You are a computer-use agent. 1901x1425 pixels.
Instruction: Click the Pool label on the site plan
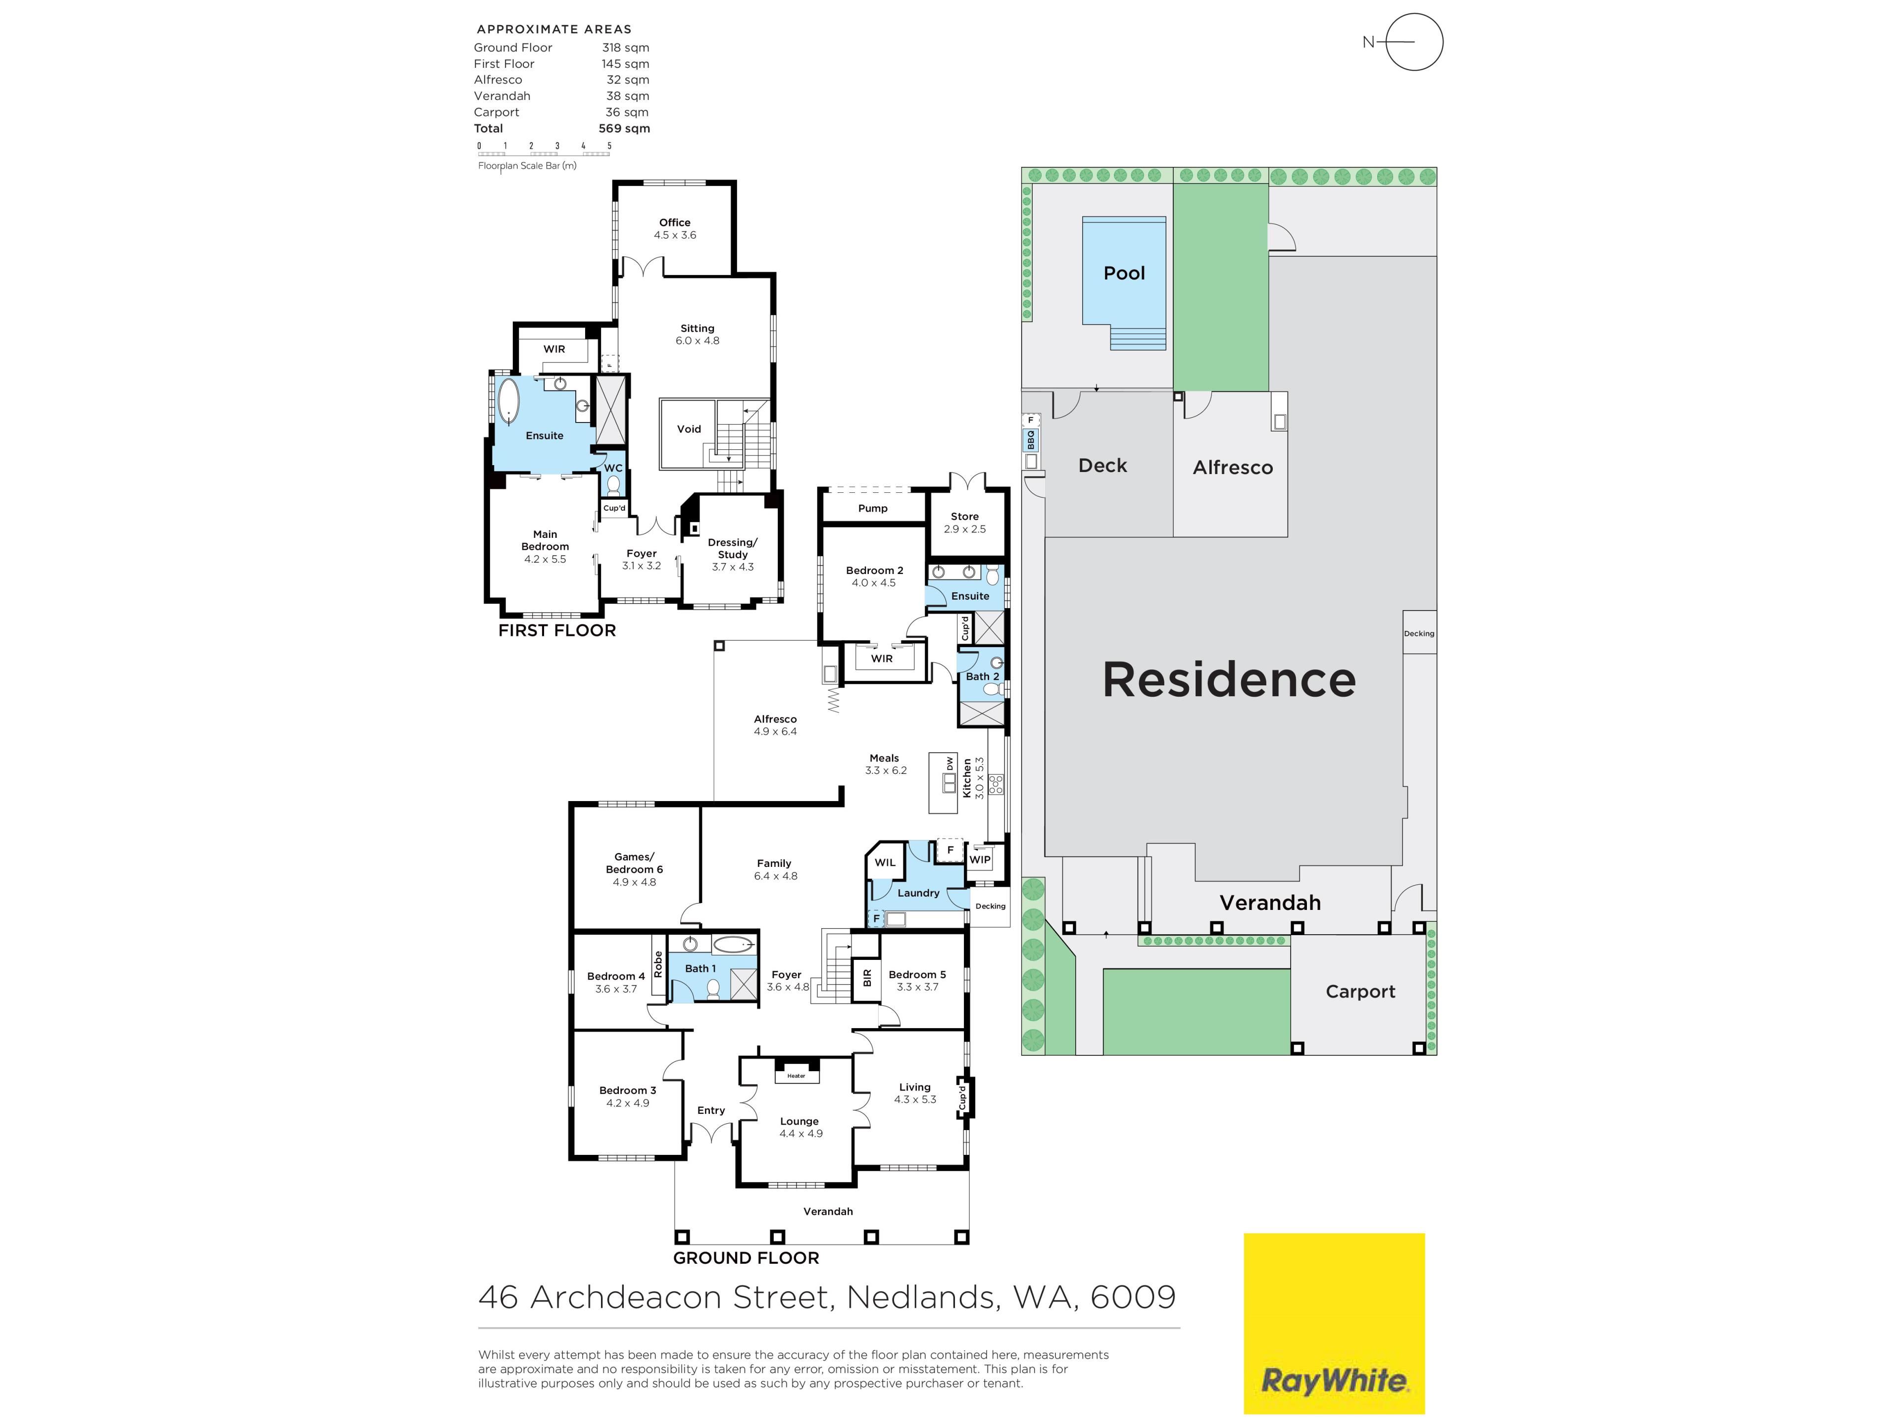[x=1124, y=273]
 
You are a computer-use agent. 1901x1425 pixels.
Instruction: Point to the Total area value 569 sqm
[x=624, y=129]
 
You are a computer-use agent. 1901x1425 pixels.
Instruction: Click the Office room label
[x=675, y=223]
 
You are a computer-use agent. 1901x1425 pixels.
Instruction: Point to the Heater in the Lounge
[x=797, y=1075]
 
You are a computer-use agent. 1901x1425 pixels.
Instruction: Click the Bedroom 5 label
[x=917, y=975]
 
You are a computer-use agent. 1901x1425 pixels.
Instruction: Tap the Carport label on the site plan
[x=1360, y=991]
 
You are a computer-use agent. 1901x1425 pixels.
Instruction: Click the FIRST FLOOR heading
[x=557, y=630]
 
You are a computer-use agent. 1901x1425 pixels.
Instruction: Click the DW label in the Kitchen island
[x=950, y=763]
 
